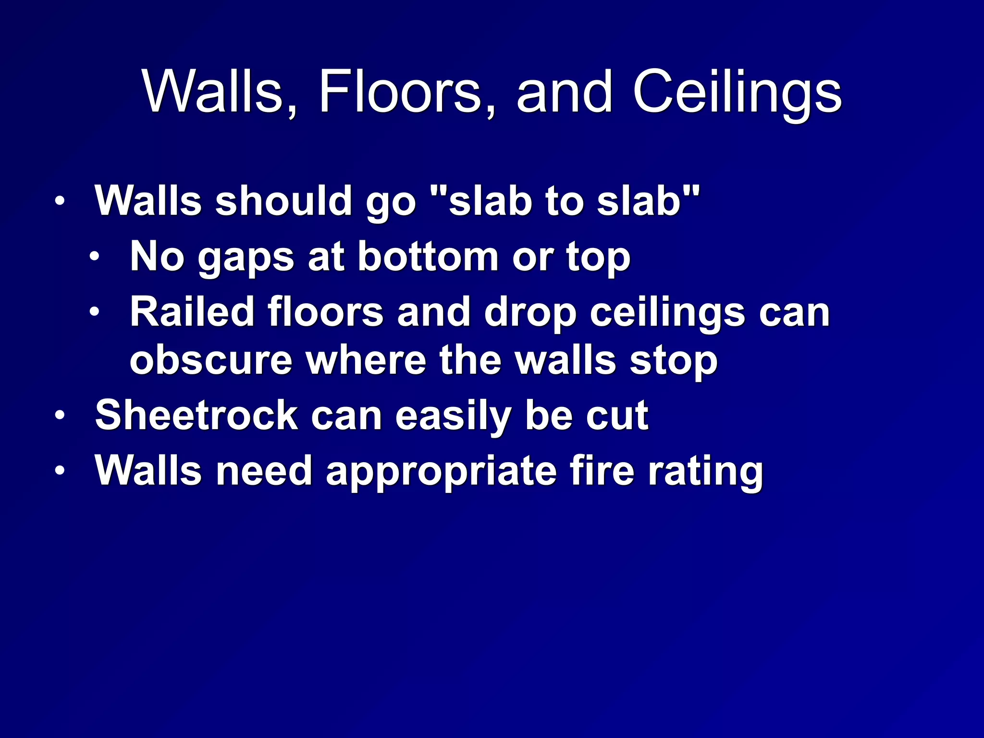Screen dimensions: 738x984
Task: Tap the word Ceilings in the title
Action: [737, 91]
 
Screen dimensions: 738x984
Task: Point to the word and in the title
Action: [565, 91]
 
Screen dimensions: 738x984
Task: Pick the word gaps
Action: [246, 258]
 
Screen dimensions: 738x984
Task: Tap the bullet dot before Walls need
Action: [59, 470]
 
